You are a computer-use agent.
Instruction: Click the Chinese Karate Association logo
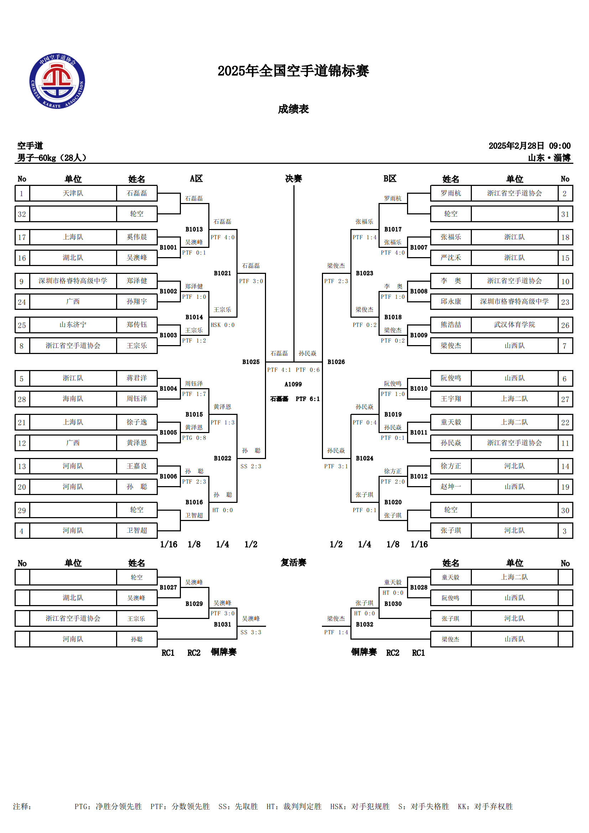tap(57, 81)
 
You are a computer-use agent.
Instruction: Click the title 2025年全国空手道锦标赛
tap(293, 71)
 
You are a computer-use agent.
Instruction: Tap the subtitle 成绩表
tap(293, 109)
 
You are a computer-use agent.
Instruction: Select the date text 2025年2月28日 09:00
tap(530, 146)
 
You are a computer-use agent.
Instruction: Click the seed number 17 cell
tap(22, 237)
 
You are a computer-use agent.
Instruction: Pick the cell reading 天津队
tap(73, 193)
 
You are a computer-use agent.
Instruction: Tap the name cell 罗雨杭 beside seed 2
tap(451, 193)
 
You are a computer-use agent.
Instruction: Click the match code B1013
tap(194, 229)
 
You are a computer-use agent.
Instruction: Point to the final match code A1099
tap(293, 384)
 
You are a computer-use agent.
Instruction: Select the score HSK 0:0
tap(223, 325)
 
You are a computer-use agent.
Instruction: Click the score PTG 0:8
tap(194, 438)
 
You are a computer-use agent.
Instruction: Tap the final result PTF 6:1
tap(308, 399)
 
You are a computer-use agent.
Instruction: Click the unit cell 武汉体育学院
tap(514, 325)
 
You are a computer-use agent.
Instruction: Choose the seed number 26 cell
tap(565, 325)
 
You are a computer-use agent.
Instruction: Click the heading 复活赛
tap(293, 563)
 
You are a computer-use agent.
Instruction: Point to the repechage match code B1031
tap(222, 624)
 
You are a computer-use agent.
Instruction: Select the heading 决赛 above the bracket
tap(293, 178)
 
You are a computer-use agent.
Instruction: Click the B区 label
tap(390, 178)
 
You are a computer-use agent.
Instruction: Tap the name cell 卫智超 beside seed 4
tap(137, 530)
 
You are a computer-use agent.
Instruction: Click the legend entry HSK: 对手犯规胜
tap(360, 807)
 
